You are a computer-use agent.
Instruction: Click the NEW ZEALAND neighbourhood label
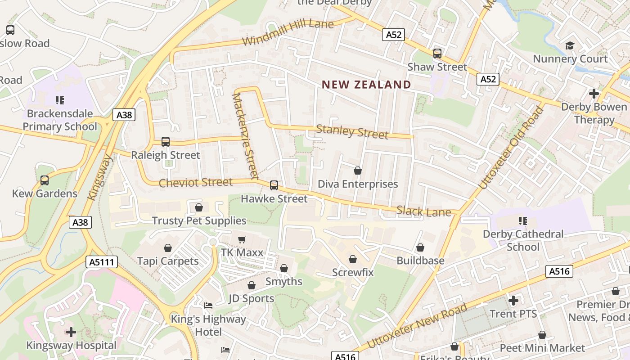(366, 85)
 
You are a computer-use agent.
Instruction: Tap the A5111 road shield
(102, 262)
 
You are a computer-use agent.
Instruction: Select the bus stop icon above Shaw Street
(437, 54)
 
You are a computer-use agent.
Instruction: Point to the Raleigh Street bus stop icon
(165, 142)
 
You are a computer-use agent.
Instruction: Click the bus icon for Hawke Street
(274, 185)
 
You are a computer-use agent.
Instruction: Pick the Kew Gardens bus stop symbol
(44, 180)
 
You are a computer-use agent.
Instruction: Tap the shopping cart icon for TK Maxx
(242, 239)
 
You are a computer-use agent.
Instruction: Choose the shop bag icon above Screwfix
(353, 259)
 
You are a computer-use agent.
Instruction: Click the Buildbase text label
(420, 261)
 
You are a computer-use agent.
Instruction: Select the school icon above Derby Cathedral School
(522, 221)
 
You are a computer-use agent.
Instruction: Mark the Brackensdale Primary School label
(60, 120)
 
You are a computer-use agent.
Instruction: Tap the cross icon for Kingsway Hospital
(71, 332)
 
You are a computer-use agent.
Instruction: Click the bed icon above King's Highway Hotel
(208, 306)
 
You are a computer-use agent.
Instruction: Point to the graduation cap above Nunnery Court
(570, 45)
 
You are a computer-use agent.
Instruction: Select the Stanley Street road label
(352, 131)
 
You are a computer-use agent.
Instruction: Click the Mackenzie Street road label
(246, 135)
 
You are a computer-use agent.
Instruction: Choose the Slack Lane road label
(423, 211)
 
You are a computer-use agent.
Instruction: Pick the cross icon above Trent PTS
(513, 300)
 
